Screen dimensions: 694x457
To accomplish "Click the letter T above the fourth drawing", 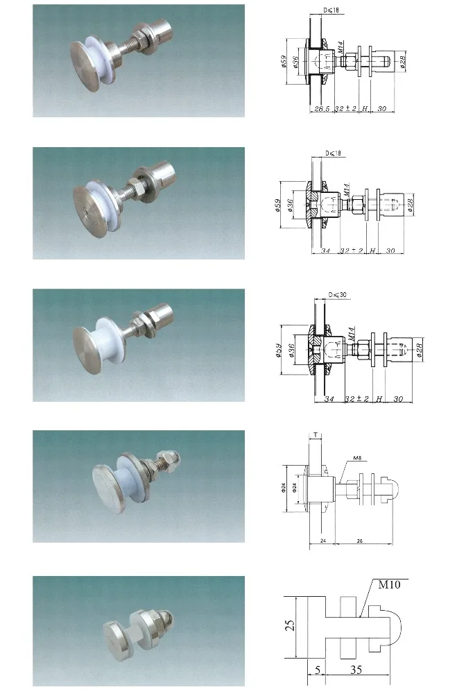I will click(316, 434).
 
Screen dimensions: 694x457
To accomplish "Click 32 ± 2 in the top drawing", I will click(347, 109).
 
